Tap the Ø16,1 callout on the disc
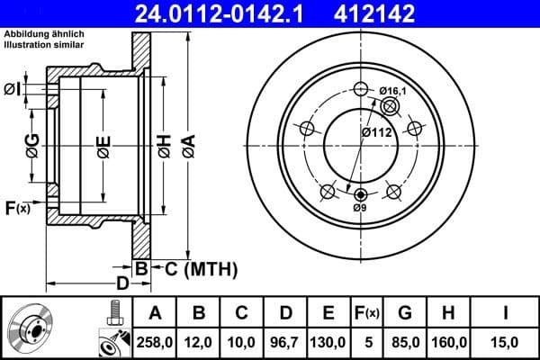coord(392,91)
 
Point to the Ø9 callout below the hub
coord(360,209)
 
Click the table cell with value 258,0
coord(153,342)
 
